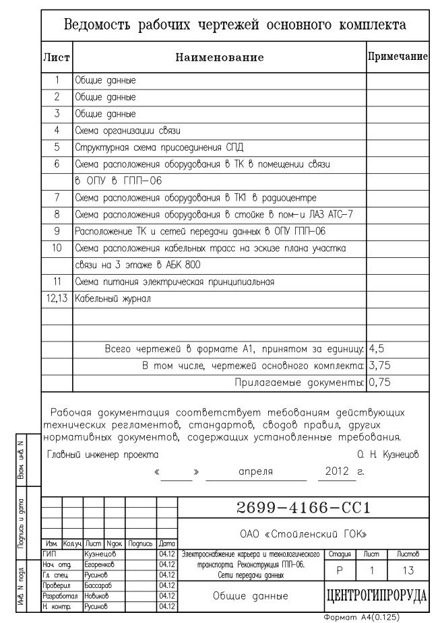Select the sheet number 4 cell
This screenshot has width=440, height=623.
58,130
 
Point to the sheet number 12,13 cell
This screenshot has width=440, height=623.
58,297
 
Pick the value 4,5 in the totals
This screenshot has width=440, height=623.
380,349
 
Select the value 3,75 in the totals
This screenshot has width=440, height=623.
382,366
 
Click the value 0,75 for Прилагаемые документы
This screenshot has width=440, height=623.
382,383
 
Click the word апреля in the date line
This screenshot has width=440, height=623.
255,471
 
